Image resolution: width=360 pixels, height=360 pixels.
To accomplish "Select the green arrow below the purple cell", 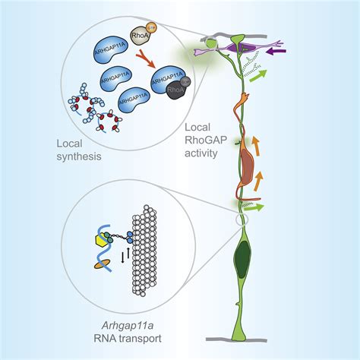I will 279,76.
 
